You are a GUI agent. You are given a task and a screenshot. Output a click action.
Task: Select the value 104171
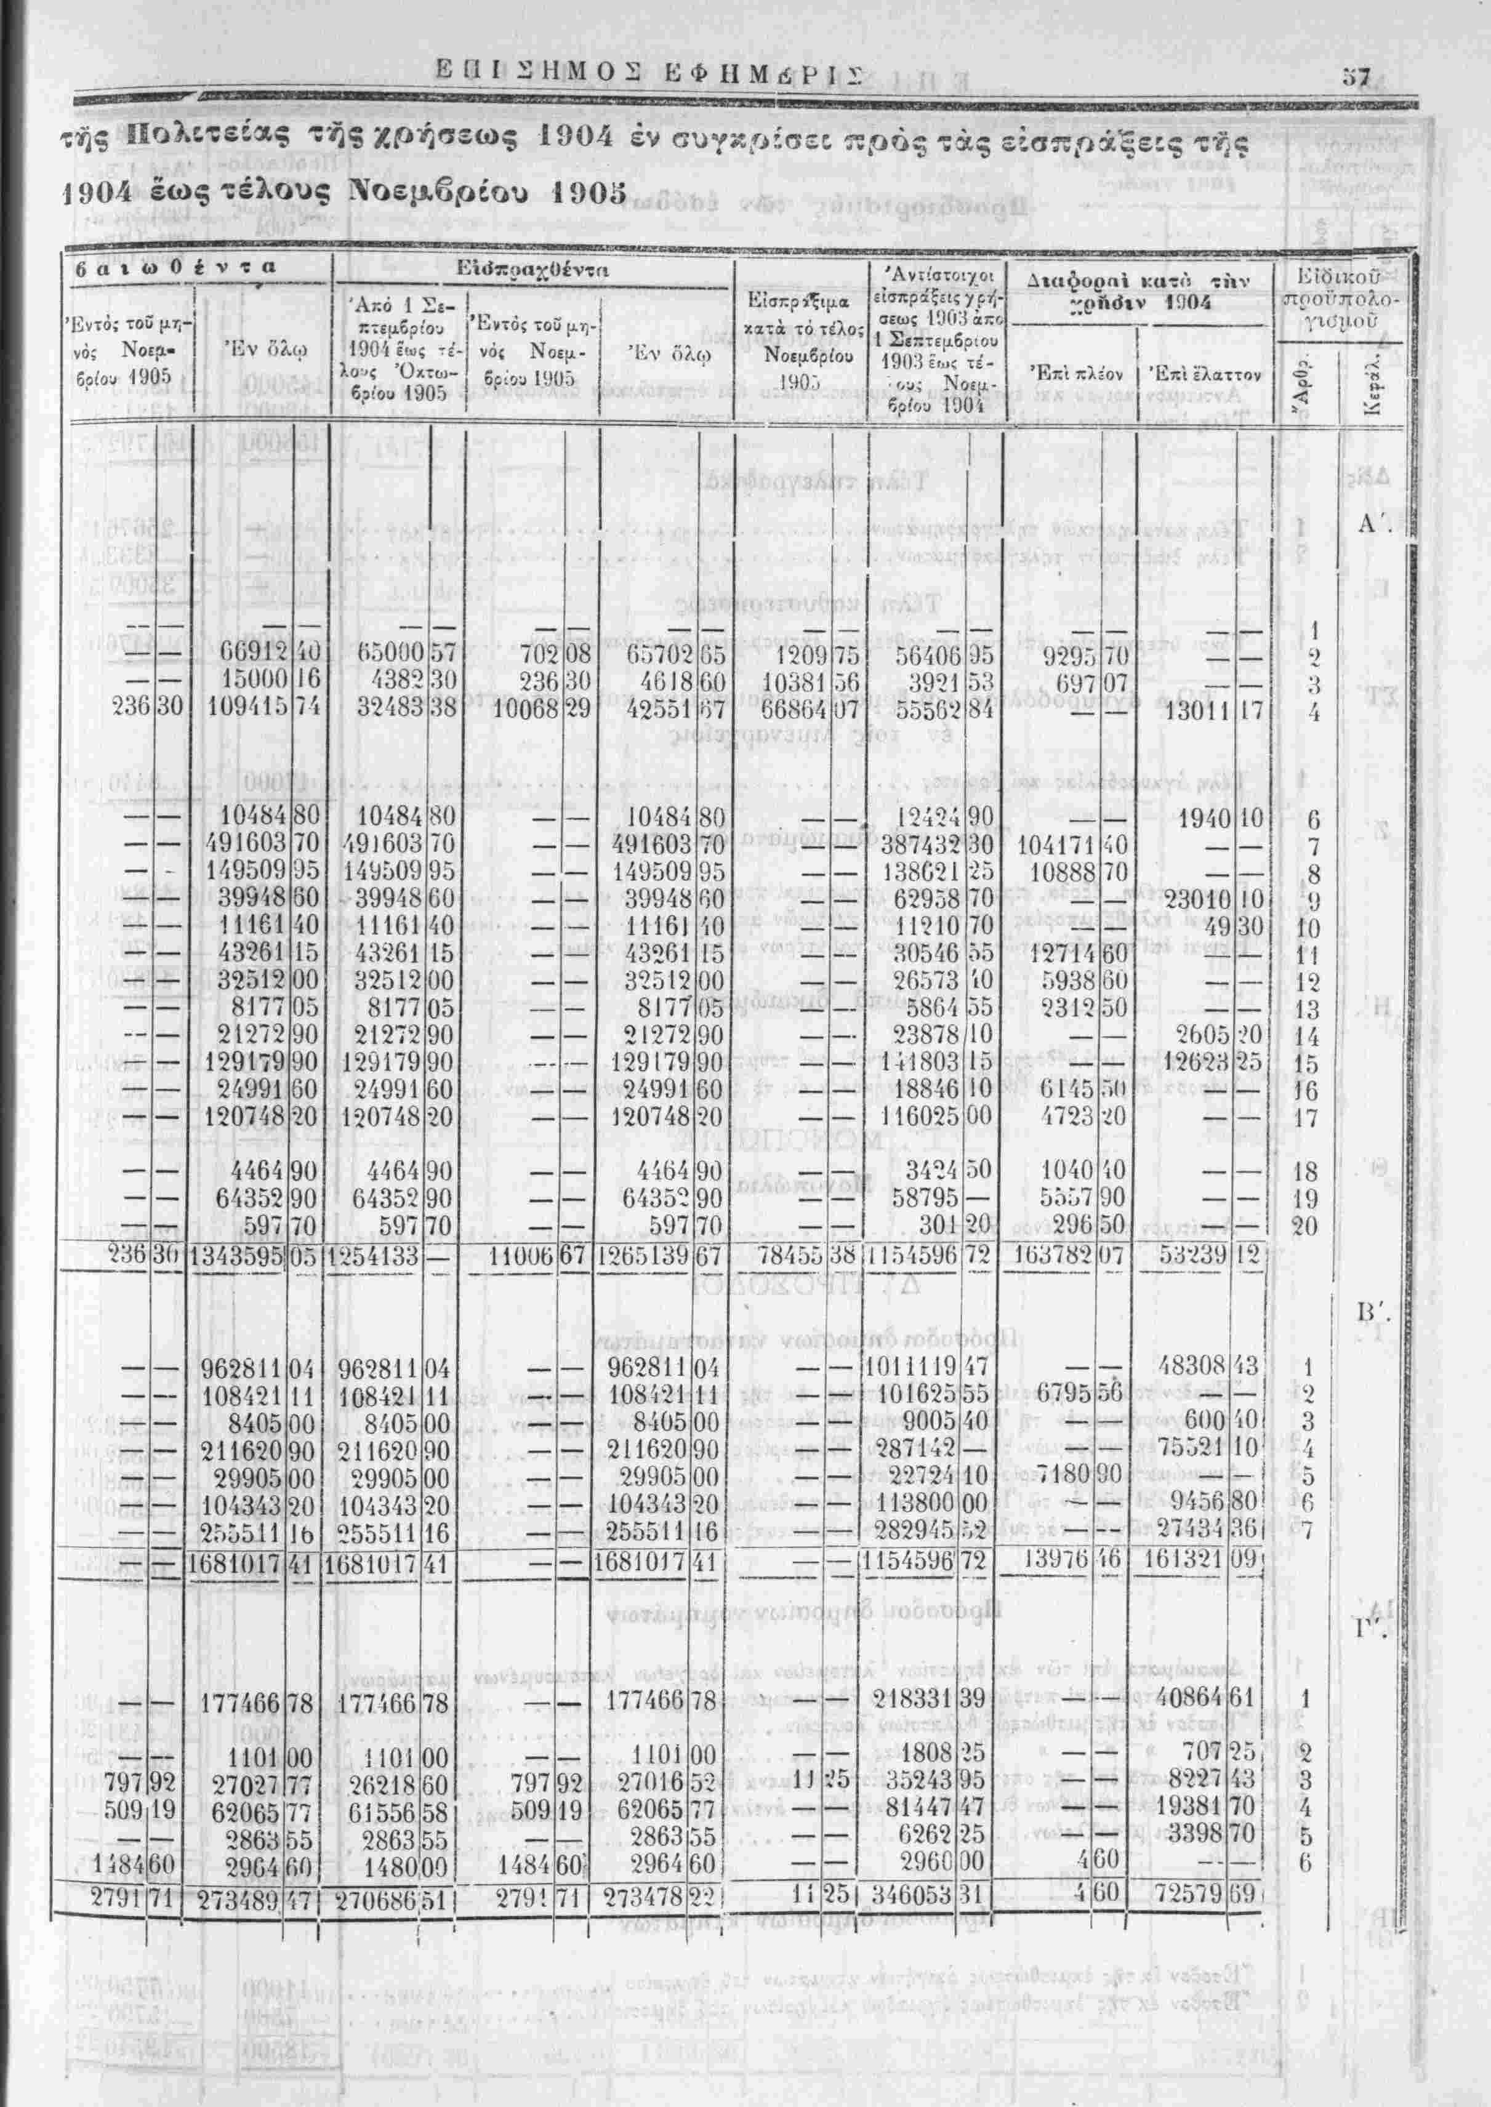(x=1056, y=845)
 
